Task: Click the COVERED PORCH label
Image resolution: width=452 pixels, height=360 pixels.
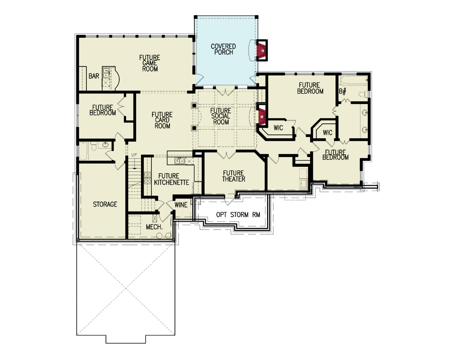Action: [x=223, y=49]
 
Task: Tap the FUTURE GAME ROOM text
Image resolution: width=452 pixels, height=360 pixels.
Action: [x=150, y=63]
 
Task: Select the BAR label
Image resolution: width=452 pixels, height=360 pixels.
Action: [x=94, y=76]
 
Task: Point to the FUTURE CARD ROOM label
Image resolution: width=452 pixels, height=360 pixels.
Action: [x=162, y=120]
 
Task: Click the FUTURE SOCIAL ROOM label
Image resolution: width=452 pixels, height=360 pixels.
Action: [x=221, y=116]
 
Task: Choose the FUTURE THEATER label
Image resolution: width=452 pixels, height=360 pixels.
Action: [x=234, y=176]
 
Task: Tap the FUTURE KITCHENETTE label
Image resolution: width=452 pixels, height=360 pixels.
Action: [x=171, y=179]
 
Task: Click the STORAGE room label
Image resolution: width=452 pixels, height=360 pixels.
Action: [x=105, y=204]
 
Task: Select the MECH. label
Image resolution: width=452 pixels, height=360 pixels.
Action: [x=154, y=227]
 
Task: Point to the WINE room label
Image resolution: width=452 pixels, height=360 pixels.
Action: [x=181, y=205]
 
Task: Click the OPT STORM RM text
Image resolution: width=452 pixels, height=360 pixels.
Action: [x=238, y=215]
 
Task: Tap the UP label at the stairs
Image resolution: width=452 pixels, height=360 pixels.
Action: [x=134, y=155]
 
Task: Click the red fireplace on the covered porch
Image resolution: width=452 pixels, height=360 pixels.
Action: [x=262, y=50]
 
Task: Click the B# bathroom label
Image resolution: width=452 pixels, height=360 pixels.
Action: [x=343, y=92]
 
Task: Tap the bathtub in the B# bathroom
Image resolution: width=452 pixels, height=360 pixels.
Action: [x=353, y=81]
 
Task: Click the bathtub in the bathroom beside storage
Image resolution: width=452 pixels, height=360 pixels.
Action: [x=83, y=151]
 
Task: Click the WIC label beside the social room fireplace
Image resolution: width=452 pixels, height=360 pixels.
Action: [x=278, y=128]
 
